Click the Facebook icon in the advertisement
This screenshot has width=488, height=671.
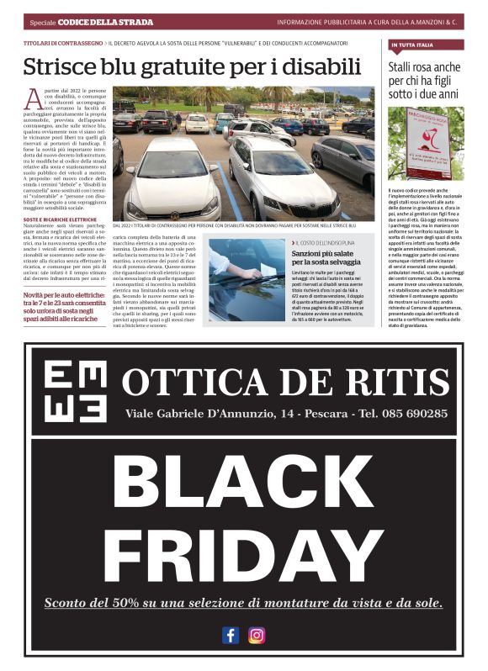point(231,635)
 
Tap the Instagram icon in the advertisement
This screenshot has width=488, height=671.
point(257,635)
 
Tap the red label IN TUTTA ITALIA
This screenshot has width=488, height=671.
point(412,44)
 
